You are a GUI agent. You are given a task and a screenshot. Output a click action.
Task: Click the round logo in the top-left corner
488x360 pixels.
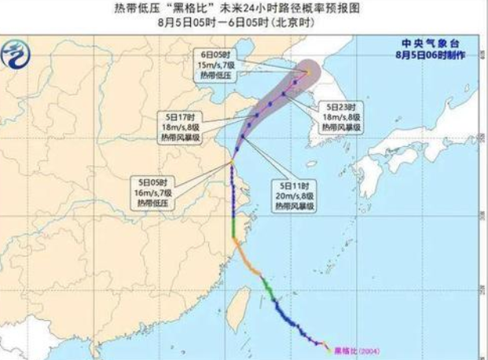click(x=18, y=55)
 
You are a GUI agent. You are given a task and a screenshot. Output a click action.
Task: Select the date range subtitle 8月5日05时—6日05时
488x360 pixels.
click(x=244, y=24)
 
